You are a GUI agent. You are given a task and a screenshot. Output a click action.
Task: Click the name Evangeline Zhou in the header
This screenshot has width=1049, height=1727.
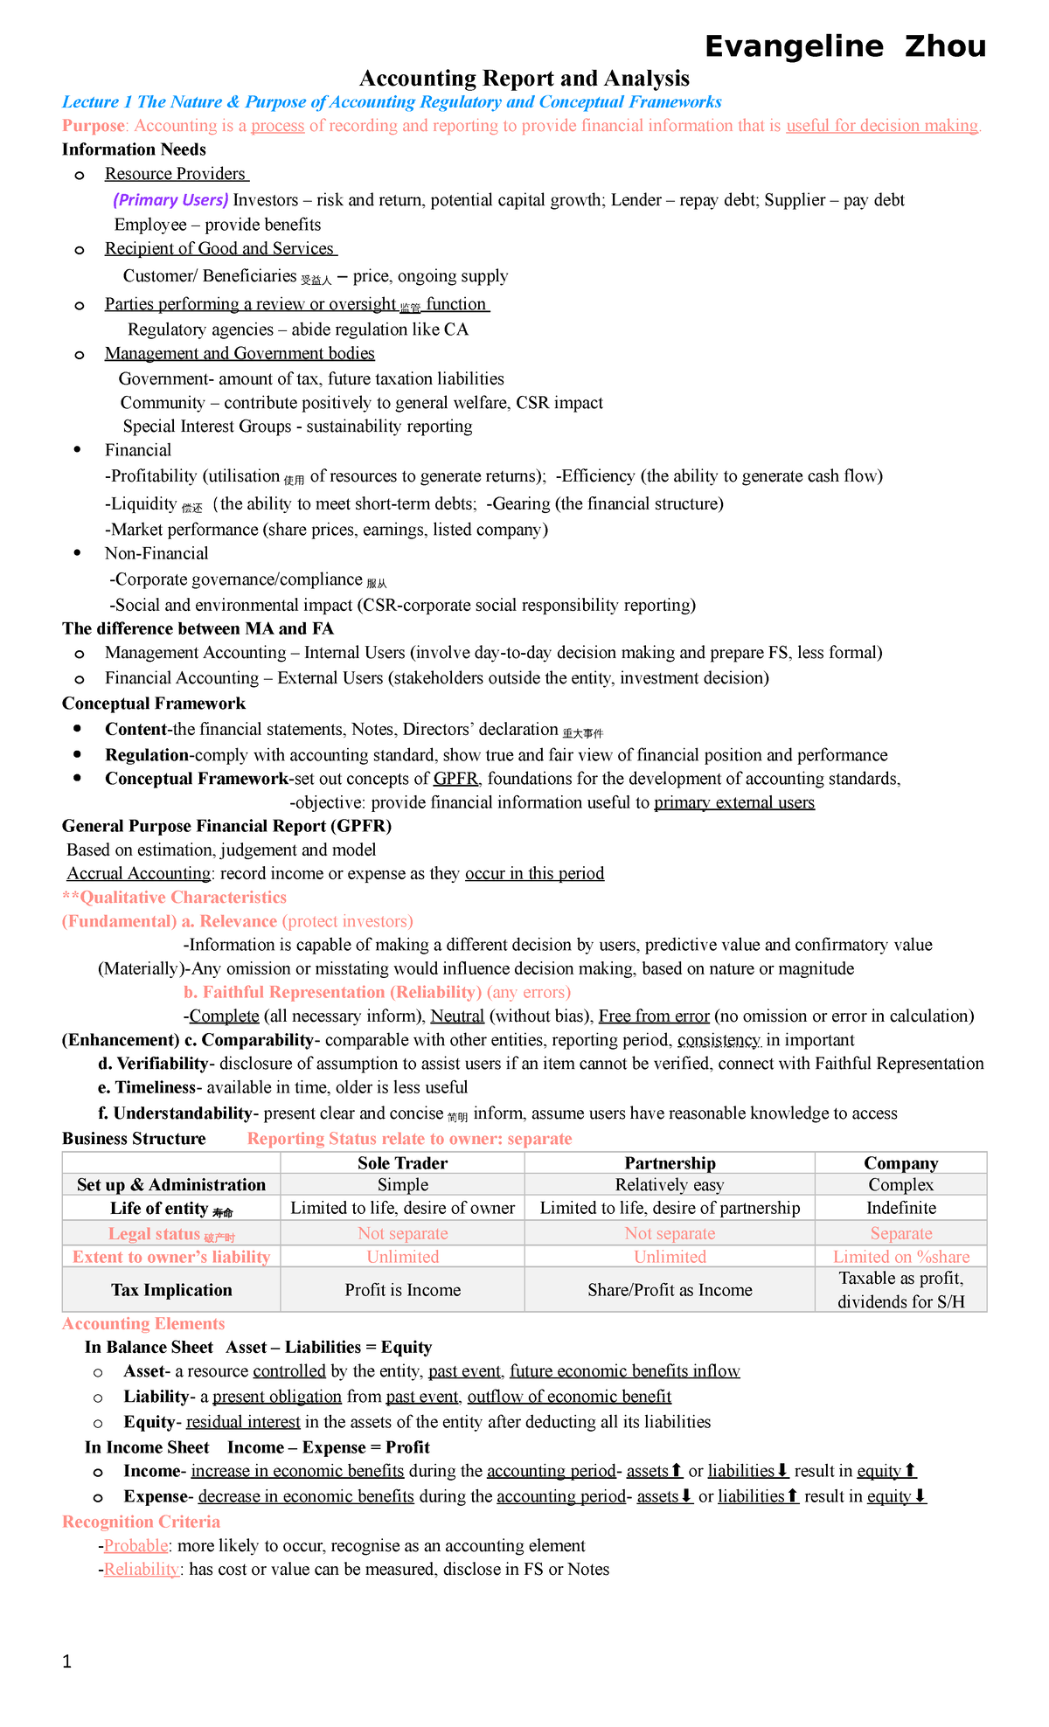[844, 45]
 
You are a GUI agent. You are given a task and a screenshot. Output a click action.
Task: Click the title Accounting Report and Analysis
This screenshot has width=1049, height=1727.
[524, 79]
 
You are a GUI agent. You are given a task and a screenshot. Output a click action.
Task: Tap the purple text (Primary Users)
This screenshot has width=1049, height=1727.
[170, 200]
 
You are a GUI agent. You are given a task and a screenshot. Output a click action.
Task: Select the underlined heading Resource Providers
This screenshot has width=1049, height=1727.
[175, 174]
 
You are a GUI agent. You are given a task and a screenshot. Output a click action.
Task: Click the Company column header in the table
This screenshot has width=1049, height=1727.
[900, 1163]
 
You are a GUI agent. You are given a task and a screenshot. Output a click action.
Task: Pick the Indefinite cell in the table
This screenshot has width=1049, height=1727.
[900, 1208]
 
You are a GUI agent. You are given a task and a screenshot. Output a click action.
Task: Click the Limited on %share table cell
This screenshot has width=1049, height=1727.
[900, 1257]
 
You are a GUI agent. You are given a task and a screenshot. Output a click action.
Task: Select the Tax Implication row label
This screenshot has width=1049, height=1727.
[171, 1290]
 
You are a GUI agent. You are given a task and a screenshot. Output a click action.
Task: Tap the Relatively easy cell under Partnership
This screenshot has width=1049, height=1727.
[670, 1185]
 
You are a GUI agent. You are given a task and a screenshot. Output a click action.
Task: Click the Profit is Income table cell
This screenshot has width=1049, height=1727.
[402, 1290]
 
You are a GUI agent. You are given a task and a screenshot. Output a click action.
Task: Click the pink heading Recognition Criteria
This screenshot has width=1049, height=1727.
[141, 1522]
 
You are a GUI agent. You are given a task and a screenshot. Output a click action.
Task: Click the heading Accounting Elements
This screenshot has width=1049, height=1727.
[143, 1323]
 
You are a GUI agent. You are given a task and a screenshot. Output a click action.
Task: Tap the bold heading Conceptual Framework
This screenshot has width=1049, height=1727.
[154, 704]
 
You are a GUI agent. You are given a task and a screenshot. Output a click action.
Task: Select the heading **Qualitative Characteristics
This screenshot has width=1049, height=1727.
[174, 898]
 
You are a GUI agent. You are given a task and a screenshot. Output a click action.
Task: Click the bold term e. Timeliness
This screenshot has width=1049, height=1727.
[147, 1087]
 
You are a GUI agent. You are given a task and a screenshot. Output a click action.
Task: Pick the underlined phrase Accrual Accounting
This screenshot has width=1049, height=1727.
[139, 874]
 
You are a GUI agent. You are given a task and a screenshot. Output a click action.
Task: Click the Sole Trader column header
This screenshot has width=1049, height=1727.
[402, 1163]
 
